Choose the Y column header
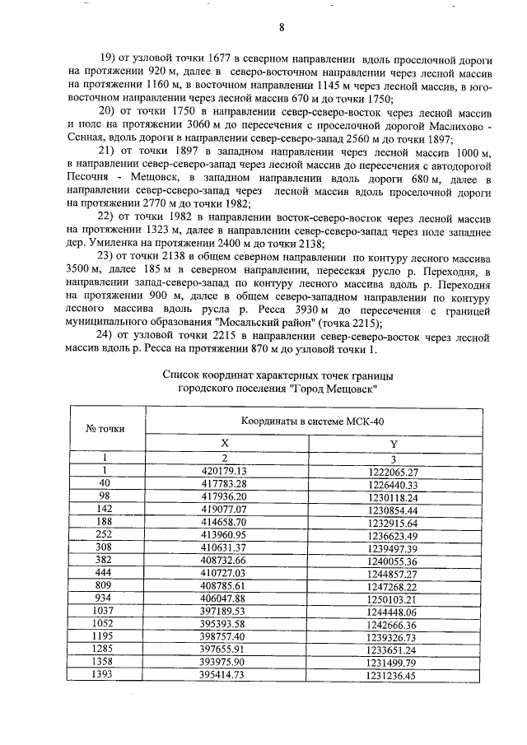[x=394, y=443]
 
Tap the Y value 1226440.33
[x=394, y=485]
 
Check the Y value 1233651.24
[x=394, y=650]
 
